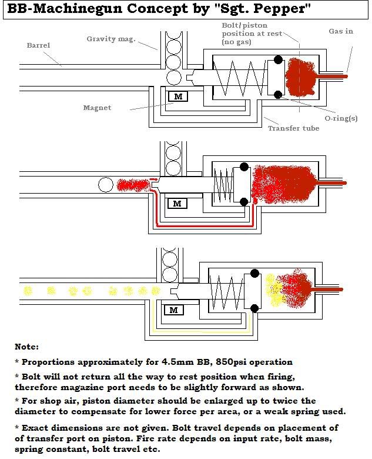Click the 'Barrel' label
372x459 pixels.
(38, 45)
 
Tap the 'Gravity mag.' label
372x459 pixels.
(111, 39)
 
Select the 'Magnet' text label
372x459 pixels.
(98, 108)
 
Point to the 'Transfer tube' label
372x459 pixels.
(293, 128)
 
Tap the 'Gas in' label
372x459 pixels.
(340, 31)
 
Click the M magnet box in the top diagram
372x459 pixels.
(177, 97)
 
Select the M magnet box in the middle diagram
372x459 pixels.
(177, 204)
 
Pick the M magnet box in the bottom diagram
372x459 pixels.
(174, 310)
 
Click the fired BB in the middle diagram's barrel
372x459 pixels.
(106, 185)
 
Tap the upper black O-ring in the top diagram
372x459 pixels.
(278, 60)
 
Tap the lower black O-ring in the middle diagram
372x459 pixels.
(244, 202)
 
